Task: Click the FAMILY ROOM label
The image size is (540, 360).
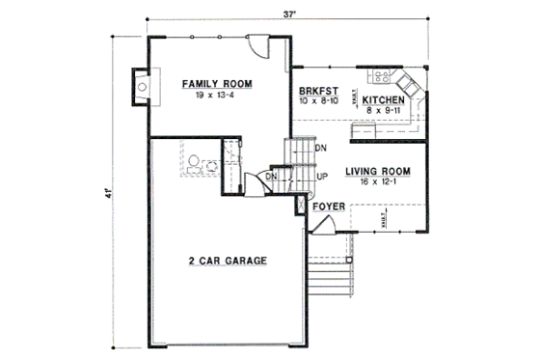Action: pos(217,85)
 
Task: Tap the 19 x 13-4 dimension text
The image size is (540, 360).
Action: pos(217,97)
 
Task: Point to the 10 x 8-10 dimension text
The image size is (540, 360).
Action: pos(318,99)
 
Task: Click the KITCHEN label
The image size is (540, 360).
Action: pos(383,100)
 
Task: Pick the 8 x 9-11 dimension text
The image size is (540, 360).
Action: pos(383,111)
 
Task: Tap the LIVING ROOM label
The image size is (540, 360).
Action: pos(379,171)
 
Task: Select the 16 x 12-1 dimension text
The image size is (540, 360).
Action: pos(379,182)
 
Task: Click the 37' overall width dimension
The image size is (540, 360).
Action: pos(288,14)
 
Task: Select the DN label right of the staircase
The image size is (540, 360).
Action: pos(321,148)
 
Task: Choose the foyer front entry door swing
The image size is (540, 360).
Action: pos(326,228)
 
